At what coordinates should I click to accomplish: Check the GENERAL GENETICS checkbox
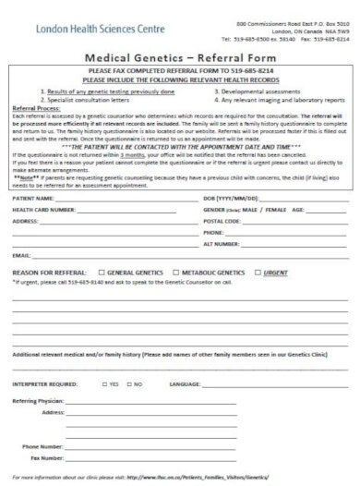(102, 273)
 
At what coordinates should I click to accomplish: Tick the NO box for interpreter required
(129, 383)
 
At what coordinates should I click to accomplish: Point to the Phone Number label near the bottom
(42, 446)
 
